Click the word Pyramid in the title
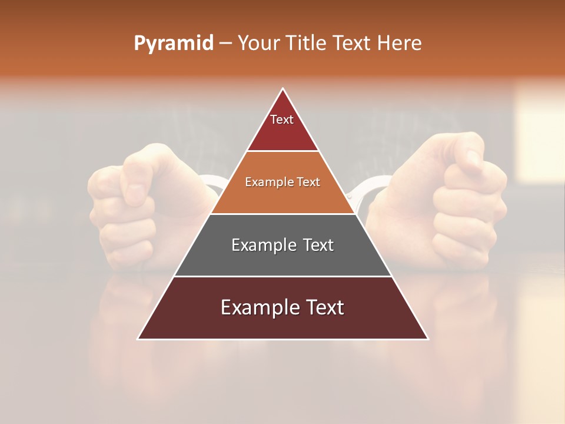coord(173,44)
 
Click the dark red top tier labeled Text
coord(282,127)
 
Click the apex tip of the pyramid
coord(283,90)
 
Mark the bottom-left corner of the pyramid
coord(139,339)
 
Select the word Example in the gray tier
coord(262,245)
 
